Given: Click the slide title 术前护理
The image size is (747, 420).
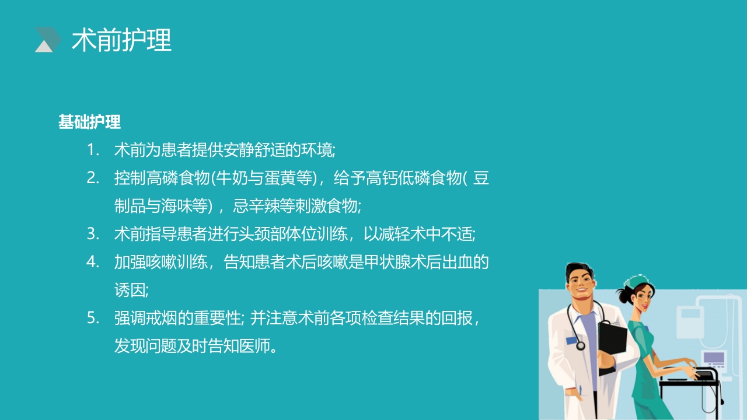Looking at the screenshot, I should point(121,41).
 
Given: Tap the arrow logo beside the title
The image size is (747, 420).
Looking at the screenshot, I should point(48,40).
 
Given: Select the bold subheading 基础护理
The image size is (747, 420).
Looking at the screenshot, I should point(89,122).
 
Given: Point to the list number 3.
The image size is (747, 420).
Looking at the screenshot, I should point(93,235).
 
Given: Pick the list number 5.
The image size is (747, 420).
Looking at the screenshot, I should point(93,318).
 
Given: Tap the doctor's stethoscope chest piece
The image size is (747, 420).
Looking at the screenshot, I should point(581,345).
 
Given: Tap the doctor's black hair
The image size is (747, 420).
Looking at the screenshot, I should point(578,271).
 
